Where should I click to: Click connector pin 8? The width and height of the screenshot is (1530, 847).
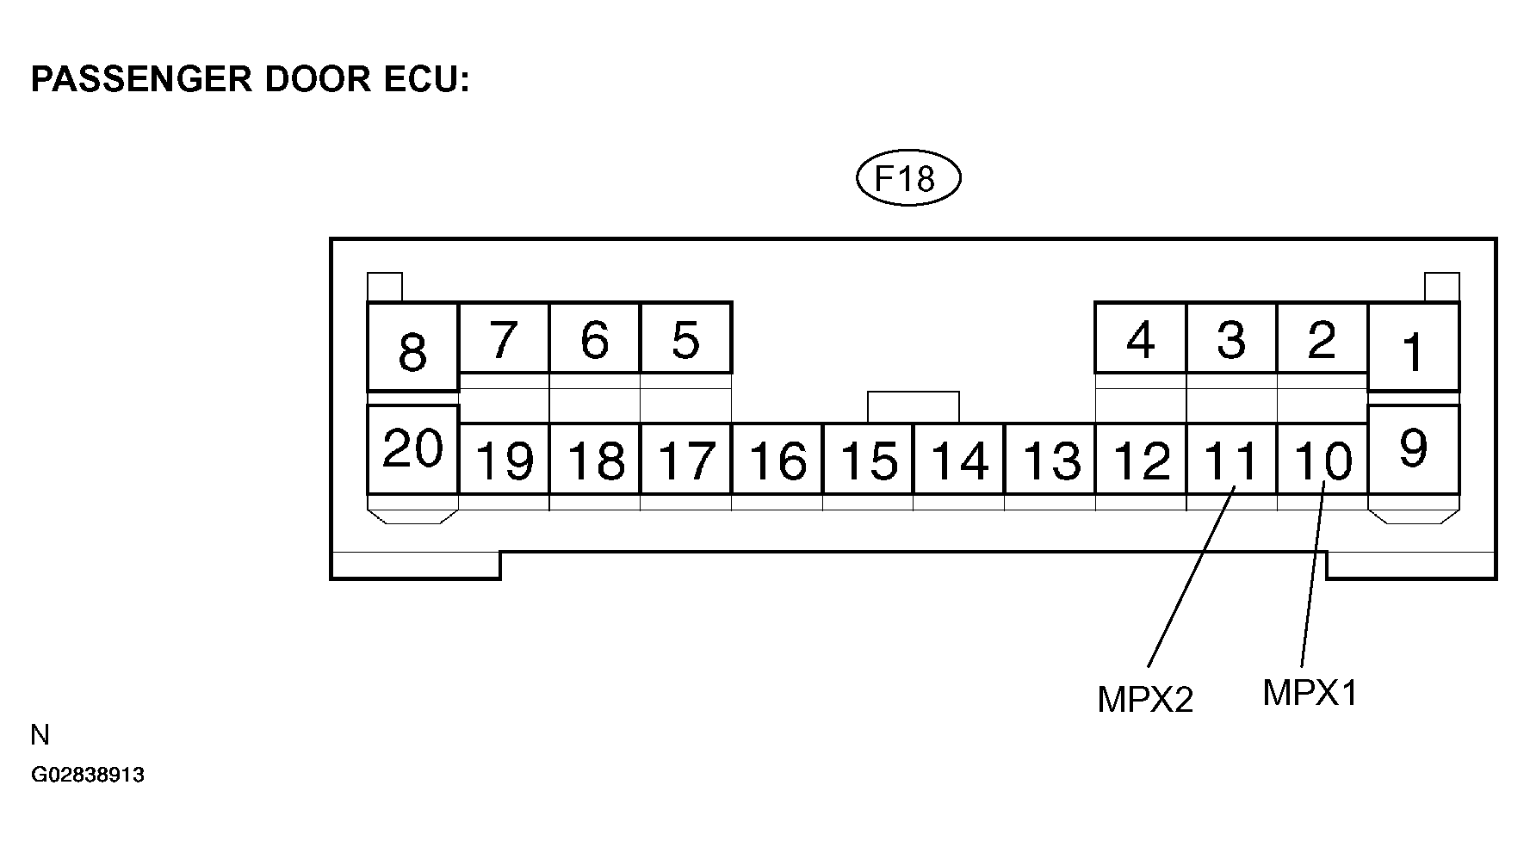412,349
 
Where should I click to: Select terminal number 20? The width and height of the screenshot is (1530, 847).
412,448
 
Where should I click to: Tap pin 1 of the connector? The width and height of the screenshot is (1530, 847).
1413,349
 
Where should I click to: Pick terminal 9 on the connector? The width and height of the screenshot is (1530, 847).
1413,448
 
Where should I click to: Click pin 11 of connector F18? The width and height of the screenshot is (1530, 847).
1231,460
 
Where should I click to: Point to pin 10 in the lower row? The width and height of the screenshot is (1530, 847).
1322,460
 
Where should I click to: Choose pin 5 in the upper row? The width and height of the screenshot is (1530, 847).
685,338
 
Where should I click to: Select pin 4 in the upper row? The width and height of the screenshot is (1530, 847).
1140,338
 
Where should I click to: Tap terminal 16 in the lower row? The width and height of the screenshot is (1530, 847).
777,460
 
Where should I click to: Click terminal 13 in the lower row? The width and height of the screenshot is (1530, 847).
1050,460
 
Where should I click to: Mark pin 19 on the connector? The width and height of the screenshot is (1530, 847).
504,460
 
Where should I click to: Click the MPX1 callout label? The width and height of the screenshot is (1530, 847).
1310,692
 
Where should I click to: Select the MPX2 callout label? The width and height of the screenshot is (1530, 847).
1145,699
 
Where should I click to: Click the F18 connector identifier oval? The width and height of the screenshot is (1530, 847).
908,179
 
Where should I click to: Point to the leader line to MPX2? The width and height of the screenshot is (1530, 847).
1191,577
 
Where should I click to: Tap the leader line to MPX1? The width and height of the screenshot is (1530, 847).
1311,577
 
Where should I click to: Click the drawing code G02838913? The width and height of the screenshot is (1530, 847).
88,775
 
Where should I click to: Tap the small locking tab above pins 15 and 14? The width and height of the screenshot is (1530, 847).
913,406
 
